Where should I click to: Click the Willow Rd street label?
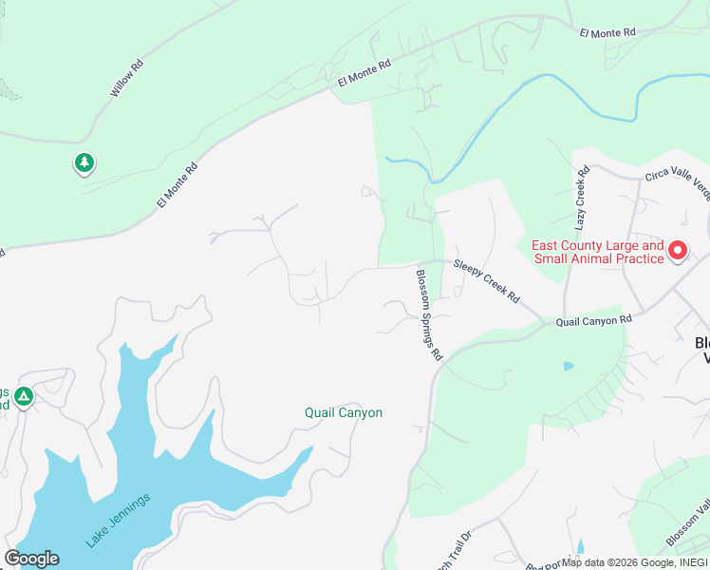pyautogui.click(x=126, y=79)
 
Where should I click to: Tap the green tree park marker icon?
pyautogui.click(x=84, y=163)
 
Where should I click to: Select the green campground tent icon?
pyautogui.click(x=25, y=396)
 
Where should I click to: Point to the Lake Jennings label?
pyautogui.click(x=118, y=521)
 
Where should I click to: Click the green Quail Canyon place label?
pyautogui.click(x=344, y=412)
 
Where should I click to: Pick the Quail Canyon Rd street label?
pyautogui.click(x=593, y=321)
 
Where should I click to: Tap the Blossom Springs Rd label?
pyautogui.click(x=429, y=314)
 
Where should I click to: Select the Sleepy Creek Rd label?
pyautogui.click(x=487, y=280)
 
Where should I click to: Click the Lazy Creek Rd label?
pyautogui.click(x=582, y=198)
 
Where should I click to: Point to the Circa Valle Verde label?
pyautogui.click(x=677, y=179)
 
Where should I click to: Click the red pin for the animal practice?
pyautogui.click(x=678, y=251)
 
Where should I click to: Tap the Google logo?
pyautogui.click(x=31, y=559)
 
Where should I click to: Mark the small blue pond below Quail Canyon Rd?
pyautogui.click(x=568, y=366)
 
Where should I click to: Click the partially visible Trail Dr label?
pyautogui.click(x=452, y=560)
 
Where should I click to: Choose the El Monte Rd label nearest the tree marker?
pyautogui.click(x=177, y=185)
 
